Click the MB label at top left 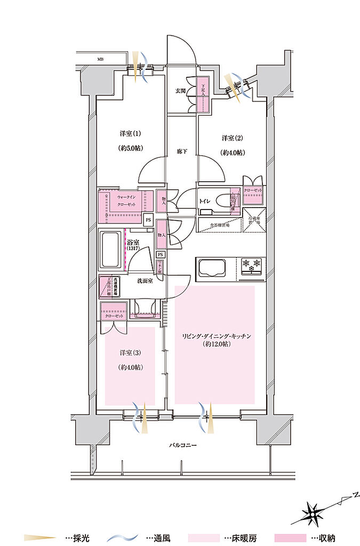(x=100, y=59)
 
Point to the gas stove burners (x=252, y=263)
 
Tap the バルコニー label (x=181, y=445)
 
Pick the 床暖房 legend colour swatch (x=205, y=539)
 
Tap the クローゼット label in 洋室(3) (x=114, y=316)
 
